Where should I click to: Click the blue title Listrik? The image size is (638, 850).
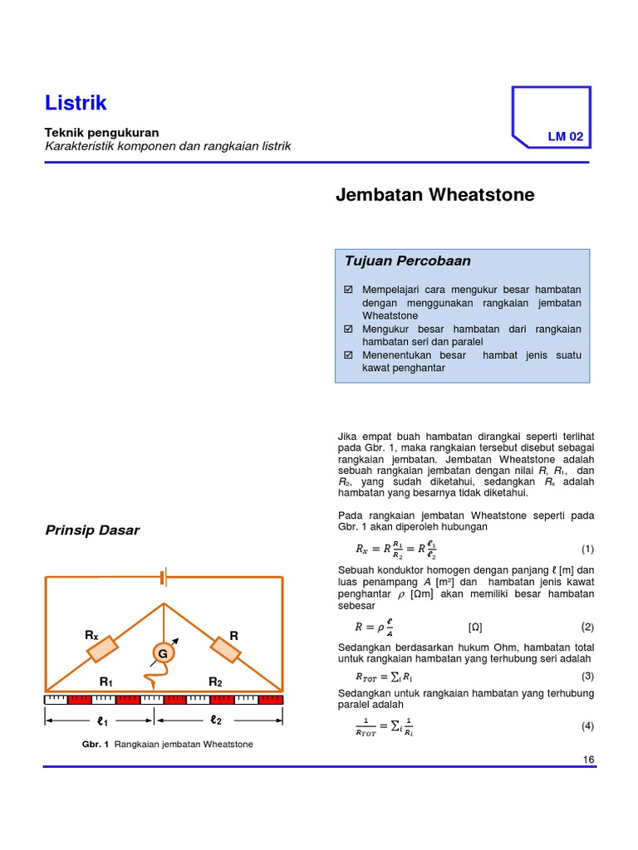coord(76,103)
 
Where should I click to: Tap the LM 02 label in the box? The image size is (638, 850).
coord(565,137)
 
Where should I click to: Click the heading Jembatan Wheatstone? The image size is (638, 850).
coord(434,195)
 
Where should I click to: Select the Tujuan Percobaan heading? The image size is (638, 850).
coord(407,261)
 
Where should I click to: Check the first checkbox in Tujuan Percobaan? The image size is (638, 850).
coord(348,289)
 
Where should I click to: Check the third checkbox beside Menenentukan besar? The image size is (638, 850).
coord(348,355)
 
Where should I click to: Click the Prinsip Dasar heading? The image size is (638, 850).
coord(92,530)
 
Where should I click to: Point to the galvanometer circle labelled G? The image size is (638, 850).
coord(163,654)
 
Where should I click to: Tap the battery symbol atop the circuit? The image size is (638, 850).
coord(163,577)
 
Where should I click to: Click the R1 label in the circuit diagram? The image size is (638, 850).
coord(106,681)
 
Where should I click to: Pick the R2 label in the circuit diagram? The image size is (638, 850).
coord(215,681)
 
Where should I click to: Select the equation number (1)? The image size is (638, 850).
coord(587,550)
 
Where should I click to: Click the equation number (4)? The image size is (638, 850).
coord(587,726)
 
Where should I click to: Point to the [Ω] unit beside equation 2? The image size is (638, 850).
coord(475,627)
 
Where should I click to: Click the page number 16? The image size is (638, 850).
coord(589,760)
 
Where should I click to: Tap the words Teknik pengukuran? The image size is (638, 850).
coord(101,132)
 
